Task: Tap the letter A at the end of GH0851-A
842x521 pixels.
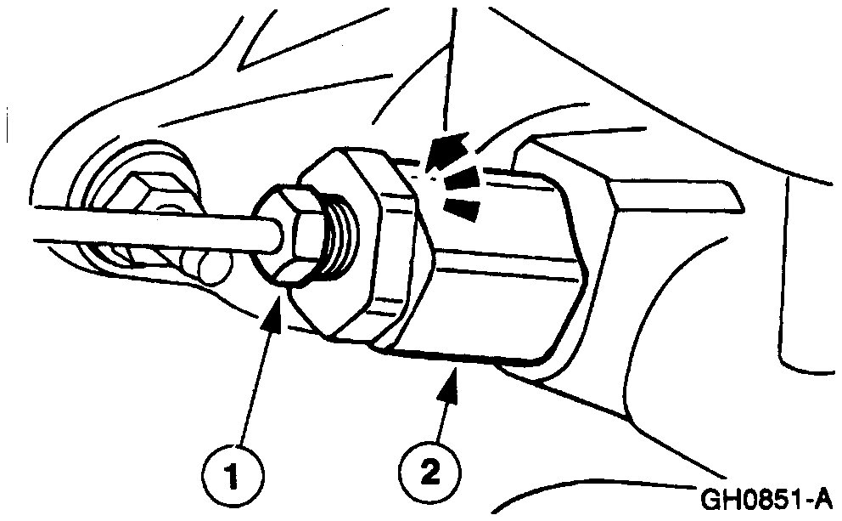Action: click(827, 497)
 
